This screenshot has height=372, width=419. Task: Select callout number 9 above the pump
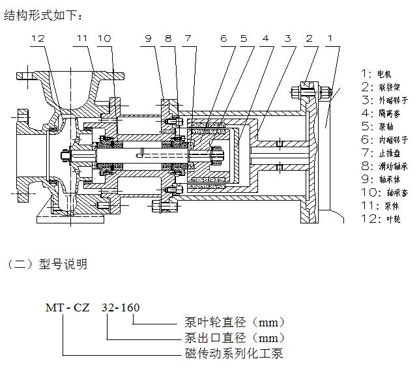(x=149, y=39)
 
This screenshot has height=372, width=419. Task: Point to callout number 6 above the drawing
(x=224, y=39)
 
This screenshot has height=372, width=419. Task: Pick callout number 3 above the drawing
(x=287, y=39)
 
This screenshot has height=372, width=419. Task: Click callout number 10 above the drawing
(x=104, y=39)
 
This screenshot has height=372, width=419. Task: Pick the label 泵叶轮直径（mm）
(x=231, y=322)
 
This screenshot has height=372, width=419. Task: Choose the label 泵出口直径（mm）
(x=231, y=338)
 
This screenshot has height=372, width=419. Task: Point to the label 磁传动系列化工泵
(x=230, y=354)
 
